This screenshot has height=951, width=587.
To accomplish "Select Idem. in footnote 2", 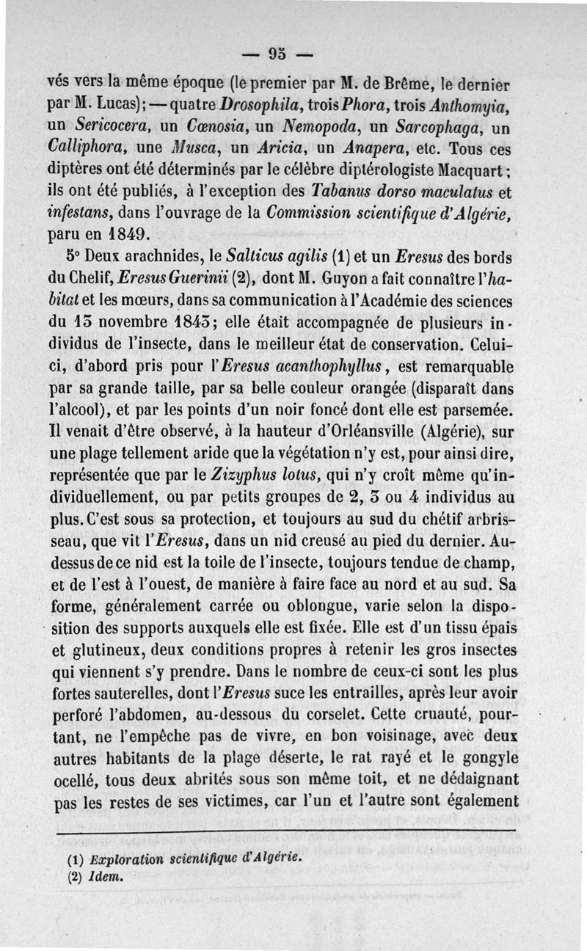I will point(104,875).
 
